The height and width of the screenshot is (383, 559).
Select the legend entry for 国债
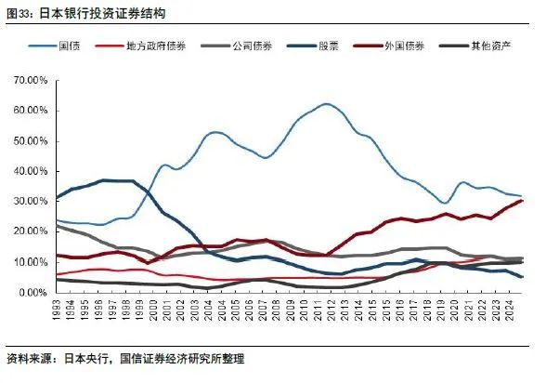[x=69, y=45]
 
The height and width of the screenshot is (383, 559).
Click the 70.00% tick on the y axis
[x=31, y=82]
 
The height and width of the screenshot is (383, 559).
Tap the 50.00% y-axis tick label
[x=31, y=142]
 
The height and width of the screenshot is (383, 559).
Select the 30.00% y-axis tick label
[x=31, y=202]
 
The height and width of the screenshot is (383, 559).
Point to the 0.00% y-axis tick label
[x=33, y=292]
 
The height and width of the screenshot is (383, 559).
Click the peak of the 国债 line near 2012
[x=327, y=104]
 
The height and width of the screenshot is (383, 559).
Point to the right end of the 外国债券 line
[x=521, y=201]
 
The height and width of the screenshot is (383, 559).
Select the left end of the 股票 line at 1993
[x=58, y=198]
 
